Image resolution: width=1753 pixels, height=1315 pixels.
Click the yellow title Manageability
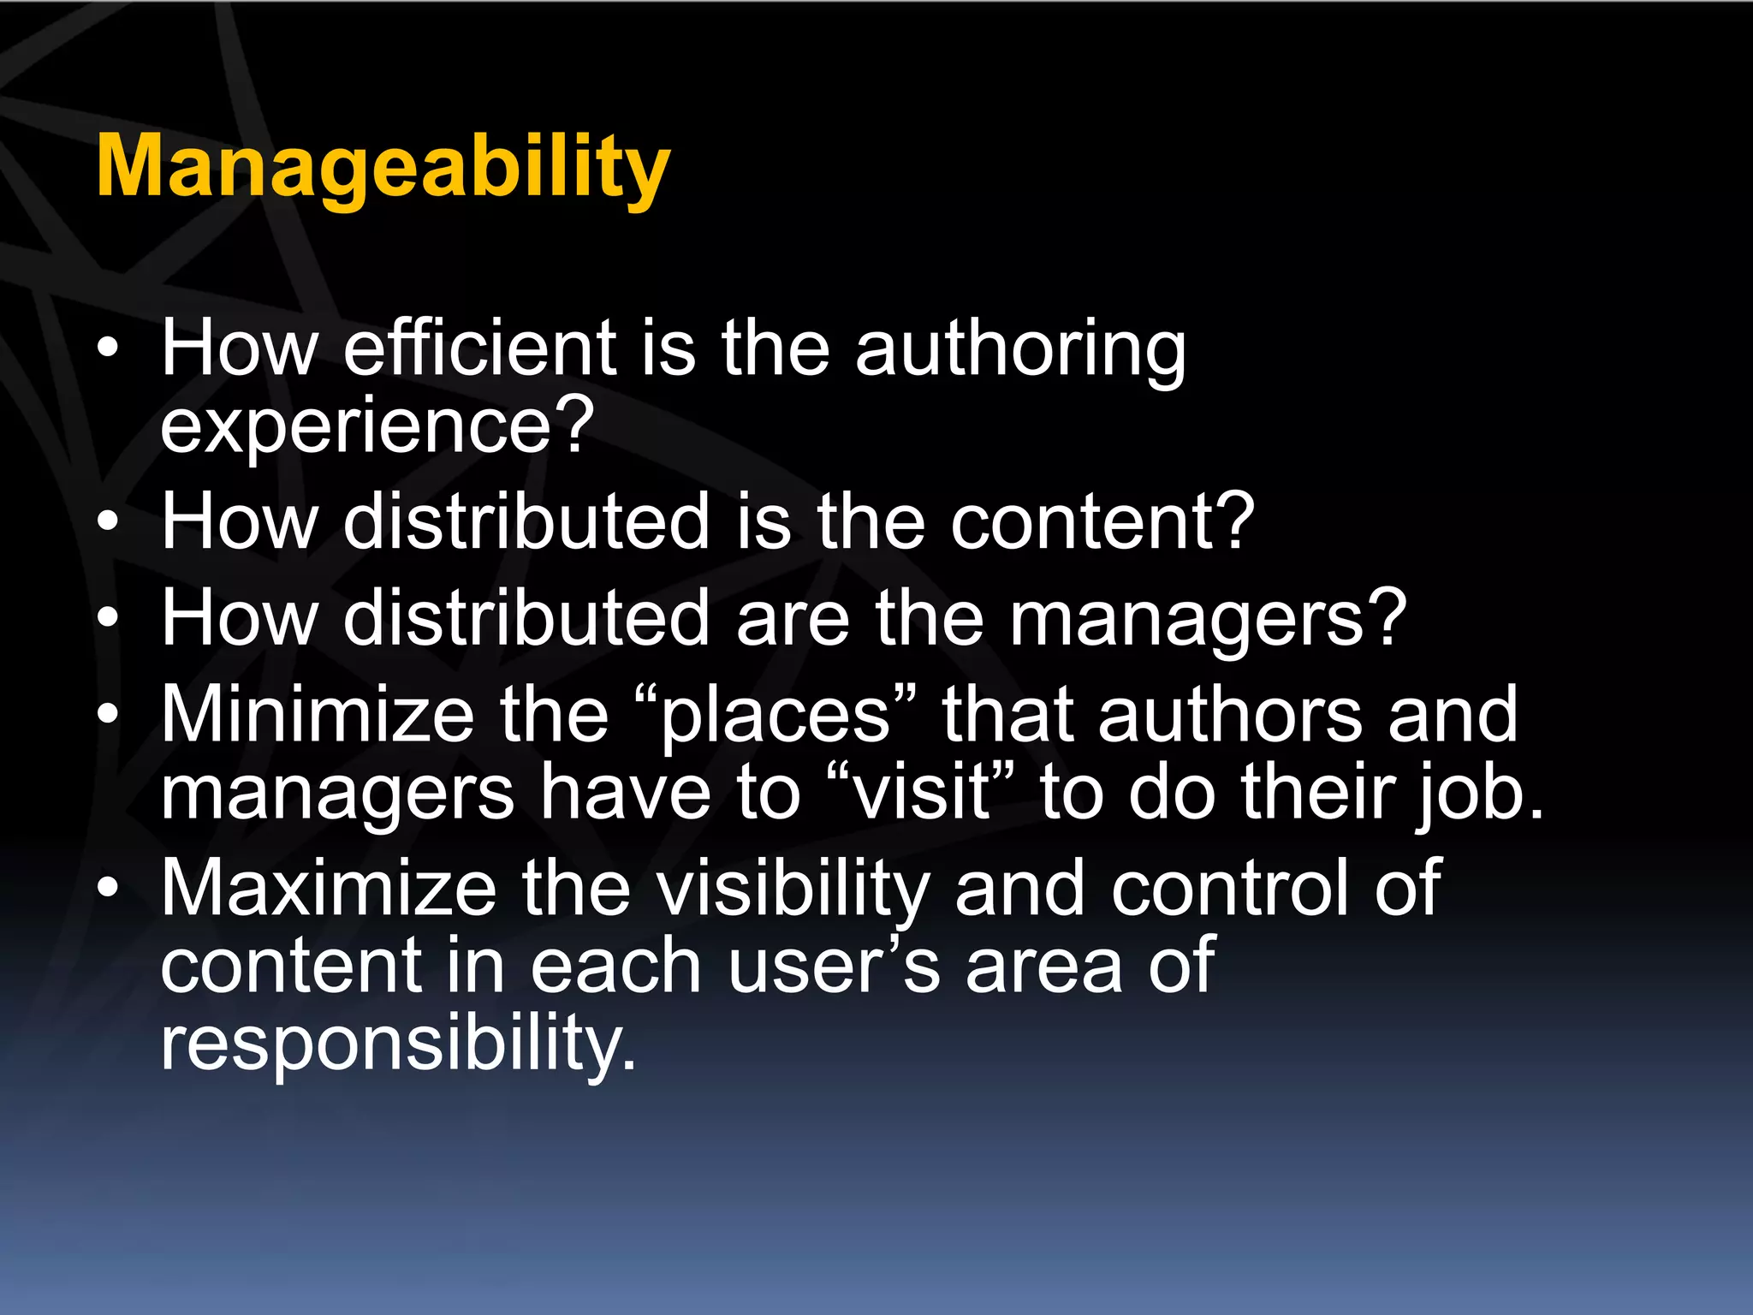pyautogui.click(x=383, y=168)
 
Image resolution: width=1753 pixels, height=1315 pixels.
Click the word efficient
pyautogui.click(x=479, y=348)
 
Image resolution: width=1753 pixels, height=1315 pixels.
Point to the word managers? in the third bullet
pyautogui.click(x=1208, y=619)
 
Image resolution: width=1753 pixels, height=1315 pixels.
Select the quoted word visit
pyautogui.click(x=922, y=793)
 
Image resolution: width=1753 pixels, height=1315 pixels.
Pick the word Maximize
pyautogui.click(x=329, y=888)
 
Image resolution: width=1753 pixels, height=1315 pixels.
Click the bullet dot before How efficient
pyautogui.click(x=108, y=349)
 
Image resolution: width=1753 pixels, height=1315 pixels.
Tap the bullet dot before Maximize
pyautogui.click(x=108, y=888)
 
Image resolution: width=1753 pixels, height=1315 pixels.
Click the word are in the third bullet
pyautogui.click(x=793, y=619)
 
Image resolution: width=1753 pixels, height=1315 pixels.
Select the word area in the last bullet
pyautogui.click(x=1043, y=967)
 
